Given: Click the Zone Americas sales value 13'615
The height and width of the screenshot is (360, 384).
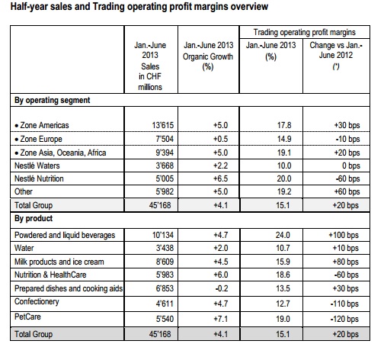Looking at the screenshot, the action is [163, 125].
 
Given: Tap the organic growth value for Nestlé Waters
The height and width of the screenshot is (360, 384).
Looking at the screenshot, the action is [220, 166].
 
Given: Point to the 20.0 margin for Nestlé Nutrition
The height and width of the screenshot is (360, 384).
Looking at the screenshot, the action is [284, 178].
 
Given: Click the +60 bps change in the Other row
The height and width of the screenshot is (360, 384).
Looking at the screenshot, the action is [347, 191].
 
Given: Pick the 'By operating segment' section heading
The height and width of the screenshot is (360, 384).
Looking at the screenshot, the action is [53, 100].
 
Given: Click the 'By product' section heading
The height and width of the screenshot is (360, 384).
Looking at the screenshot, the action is [34, 218].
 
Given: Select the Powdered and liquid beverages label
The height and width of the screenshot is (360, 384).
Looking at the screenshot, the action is [65, 235].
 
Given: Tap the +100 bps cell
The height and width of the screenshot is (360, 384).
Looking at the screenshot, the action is [344, 235].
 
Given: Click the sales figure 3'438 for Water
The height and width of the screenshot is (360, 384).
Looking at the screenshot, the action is [165, 248].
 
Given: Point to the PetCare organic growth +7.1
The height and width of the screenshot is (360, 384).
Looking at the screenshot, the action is [220, 319].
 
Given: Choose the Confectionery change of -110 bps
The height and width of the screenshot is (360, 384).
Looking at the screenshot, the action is [344, 304].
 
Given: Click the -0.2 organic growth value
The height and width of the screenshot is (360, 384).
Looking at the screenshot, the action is [222, 288].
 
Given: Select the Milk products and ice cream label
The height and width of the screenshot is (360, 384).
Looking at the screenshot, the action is [59, 262].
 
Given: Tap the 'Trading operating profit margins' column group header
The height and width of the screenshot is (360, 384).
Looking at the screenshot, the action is [305, 32].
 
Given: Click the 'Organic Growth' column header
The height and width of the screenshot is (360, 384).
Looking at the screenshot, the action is [208, 56].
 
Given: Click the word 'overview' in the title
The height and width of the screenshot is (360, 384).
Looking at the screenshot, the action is [249, 7].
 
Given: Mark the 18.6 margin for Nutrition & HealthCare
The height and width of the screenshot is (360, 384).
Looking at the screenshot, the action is [283, 275].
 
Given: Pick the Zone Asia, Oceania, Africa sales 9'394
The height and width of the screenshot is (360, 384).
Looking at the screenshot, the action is [165, 153].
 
